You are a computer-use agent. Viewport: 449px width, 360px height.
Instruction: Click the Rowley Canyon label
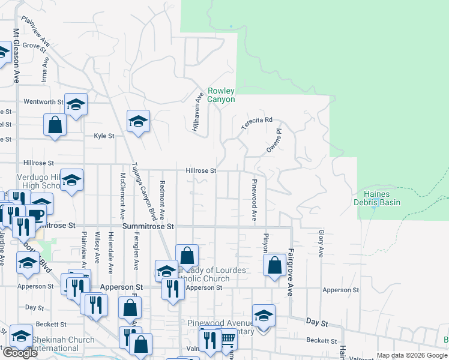coord(221,95)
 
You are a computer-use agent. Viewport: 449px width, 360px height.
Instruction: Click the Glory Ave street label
coord(321,239)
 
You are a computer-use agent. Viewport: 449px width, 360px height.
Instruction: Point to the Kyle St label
coord(104,136)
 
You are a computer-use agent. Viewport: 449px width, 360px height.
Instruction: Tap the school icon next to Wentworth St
coord(76,105)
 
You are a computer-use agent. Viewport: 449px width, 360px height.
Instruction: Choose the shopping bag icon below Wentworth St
coord(55,125)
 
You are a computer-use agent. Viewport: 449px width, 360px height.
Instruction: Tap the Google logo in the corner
coord(20,353)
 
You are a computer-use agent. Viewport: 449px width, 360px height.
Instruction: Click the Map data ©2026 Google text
coord(411,355)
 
